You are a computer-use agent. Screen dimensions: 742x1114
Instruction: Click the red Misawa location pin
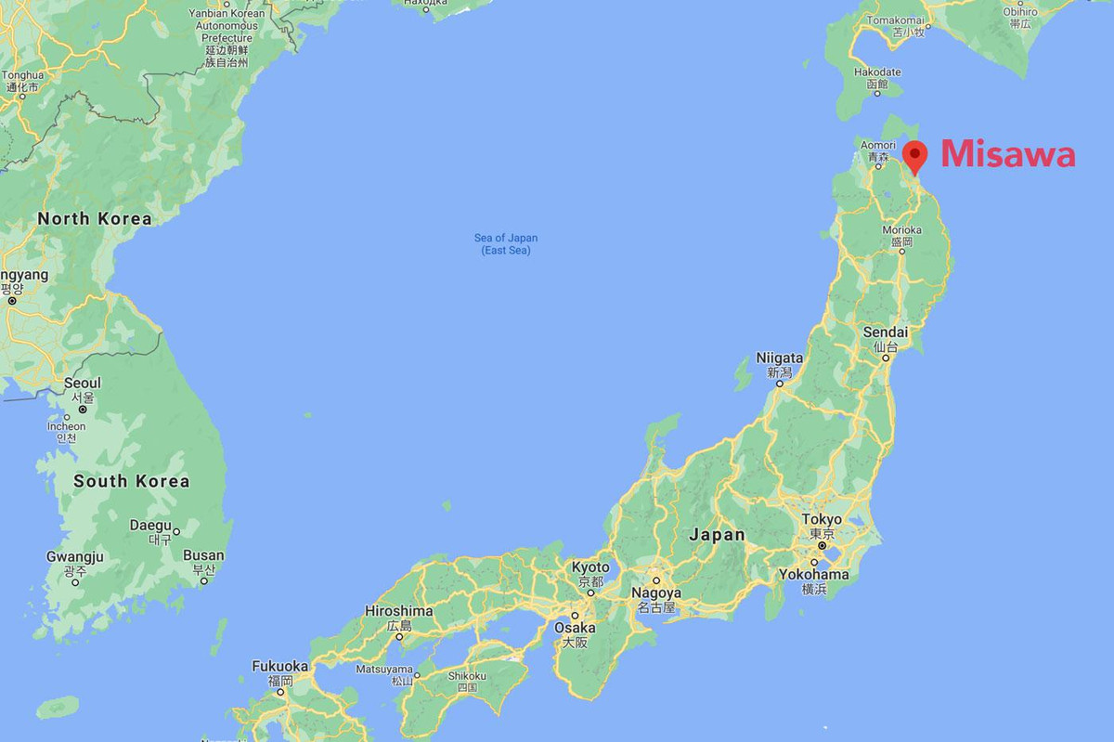915,154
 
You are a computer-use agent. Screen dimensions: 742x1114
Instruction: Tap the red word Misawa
1008,155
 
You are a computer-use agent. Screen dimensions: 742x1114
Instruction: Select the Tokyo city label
822,519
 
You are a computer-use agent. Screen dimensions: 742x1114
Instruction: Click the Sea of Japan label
506,244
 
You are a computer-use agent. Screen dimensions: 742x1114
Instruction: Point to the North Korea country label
94,219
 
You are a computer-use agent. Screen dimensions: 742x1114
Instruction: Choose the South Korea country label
131,481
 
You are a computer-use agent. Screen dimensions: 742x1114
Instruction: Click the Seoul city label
83,384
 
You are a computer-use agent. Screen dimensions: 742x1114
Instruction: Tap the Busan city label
203,555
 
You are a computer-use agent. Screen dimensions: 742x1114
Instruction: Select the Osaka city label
575,628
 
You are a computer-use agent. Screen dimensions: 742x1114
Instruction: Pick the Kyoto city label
590,567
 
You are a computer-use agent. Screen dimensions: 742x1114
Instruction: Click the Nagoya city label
656,592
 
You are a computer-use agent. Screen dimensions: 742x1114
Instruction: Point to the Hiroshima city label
399,611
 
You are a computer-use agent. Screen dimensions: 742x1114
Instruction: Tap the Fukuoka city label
280,666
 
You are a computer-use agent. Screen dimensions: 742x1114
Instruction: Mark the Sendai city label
885,332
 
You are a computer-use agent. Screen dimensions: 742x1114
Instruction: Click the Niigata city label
778,358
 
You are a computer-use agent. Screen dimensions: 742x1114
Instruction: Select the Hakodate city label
877,72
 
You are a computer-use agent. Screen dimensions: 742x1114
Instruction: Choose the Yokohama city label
813,574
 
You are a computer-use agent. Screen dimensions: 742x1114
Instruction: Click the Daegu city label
151,525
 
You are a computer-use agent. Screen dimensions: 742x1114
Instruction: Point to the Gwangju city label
75,556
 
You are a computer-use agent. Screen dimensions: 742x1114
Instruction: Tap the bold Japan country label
717,535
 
